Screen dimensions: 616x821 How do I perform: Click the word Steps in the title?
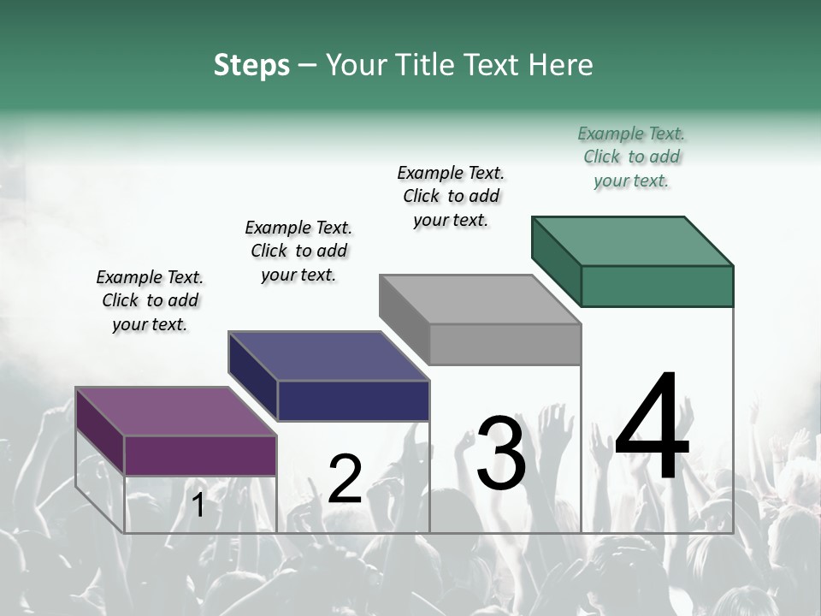tap(251, 65)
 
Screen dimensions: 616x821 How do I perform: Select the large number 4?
tap(652, 429)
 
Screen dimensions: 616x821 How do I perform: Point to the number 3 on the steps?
tap(501, 453)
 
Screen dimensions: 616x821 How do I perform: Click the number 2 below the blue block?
tap(345, 479)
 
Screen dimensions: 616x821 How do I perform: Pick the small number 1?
tap(198, 506)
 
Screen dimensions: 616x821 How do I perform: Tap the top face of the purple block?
tap(175, 412)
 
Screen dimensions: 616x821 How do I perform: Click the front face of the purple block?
tap(200, 455)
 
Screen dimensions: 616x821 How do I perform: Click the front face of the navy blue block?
tap(353, 400)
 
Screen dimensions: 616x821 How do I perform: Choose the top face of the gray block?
tap(480, 299)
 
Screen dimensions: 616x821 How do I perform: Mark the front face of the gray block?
tap(505, 345)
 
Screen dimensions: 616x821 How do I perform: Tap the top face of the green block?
tap(632, 241)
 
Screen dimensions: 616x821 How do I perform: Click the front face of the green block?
tap(657, 286)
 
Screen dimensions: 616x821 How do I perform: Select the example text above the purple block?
tap(150, 300)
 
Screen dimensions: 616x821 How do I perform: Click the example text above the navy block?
tap(298, 251)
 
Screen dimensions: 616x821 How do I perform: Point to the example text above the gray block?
tap(451, 196)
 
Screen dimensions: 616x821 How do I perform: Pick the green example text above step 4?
tap(631, 157)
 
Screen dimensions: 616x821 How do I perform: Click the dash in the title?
tap(307, 66)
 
